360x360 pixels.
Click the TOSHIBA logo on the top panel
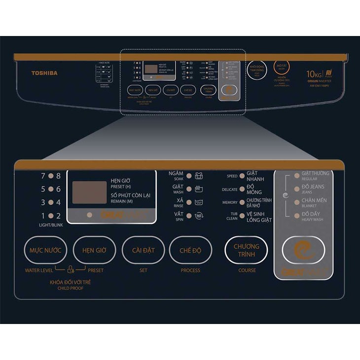click(44, 73)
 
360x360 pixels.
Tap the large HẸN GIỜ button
click(94, 250)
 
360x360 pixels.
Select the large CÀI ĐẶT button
click(143, 250)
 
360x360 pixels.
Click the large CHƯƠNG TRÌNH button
click(247, 250)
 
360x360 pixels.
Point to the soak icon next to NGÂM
click(199, 176)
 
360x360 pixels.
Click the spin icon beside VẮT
click(199, 216)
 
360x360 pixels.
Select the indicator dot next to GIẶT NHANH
click(242, 176)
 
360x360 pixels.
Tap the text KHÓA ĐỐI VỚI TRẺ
click(70, 282)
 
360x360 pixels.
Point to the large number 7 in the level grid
click(43, 176)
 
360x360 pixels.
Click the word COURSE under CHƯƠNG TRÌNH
click(247, 270)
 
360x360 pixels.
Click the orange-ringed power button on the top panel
click(282, 67)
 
